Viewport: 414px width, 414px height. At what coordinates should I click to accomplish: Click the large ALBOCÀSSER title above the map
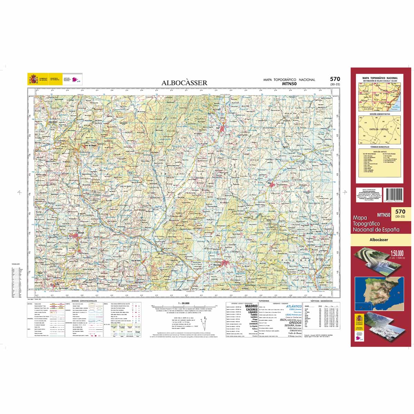click(x=184, y=83)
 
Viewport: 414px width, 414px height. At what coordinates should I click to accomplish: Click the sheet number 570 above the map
click(x=334, y=79)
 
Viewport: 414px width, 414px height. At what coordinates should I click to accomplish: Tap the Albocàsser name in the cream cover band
click(x=378, y=240)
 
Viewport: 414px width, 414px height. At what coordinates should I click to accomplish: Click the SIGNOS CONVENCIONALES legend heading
click(x=84, y=301)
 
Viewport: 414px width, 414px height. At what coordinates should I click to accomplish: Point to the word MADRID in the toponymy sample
click(x=251, y=306)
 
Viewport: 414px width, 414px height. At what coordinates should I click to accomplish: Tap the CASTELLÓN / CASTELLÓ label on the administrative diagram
click(x=379, y=129)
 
